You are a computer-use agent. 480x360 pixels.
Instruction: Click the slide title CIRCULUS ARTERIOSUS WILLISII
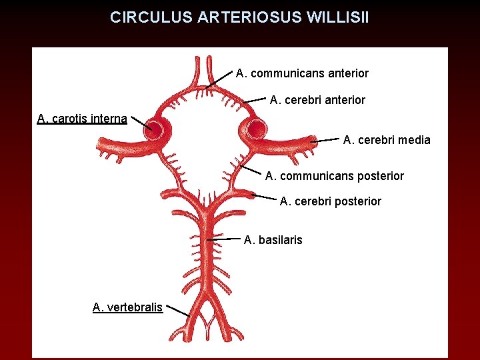[239, 17]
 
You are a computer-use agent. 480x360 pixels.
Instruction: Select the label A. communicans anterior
[302, 73]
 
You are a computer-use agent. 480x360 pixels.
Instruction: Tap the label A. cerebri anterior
[317, 100]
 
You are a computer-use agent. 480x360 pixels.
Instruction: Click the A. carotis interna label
[82, 119]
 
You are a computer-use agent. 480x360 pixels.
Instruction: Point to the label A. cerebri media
[387, 140]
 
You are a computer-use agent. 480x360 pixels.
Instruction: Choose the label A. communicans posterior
[335, 176]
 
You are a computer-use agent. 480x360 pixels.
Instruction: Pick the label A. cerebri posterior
[331, 201]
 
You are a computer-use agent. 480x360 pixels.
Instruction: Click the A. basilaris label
[273, 239]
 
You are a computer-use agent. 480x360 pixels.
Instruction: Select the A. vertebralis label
[127, 307]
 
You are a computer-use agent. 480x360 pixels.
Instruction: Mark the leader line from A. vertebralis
[177, 311]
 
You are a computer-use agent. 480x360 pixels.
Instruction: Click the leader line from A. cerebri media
[325, 141]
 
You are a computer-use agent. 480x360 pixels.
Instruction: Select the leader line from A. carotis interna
[141, 123]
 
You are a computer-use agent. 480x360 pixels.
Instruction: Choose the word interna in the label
[106, 119]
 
